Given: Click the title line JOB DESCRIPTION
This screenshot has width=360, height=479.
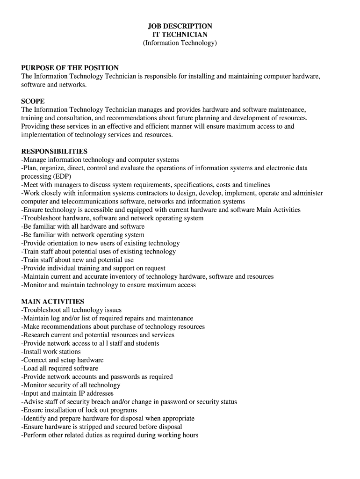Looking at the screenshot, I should [x=180, y=26].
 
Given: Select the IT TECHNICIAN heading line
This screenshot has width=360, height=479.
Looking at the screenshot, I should [x=180, y=35].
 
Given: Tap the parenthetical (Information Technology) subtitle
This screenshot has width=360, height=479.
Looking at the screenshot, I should [x=180, y=43].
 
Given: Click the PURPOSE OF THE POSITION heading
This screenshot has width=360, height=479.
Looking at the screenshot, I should [x=70, y=68].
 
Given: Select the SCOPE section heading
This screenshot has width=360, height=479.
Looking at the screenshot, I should [x=33, y=101].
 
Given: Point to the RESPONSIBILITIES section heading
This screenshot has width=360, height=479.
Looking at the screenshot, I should [x=54, y=152].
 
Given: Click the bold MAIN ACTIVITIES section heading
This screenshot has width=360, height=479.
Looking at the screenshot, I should [x=52, y=302].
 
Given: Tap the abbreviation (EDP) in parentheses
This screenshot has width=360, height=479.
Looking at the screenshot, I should [x=55, y=176].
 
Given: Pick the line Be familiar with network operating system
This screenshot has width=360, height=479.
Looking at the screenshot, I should [x=83, y=235].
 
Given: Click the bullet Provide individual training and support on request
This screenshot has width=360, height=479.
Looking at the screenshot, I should [x=93, y=268].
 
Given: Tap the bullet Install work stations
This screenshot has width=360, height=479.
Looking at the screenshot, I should [x=51, y=351].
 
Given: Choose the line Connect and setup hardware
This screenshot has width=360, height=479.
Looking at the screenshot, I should [x=62, y=360].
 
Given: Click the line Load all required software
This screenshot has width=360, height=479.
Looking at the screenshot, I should [x=59, y=368].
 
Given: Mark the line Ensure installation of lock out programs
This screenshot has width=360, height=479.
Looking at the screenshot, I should [x=79, y=410].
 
